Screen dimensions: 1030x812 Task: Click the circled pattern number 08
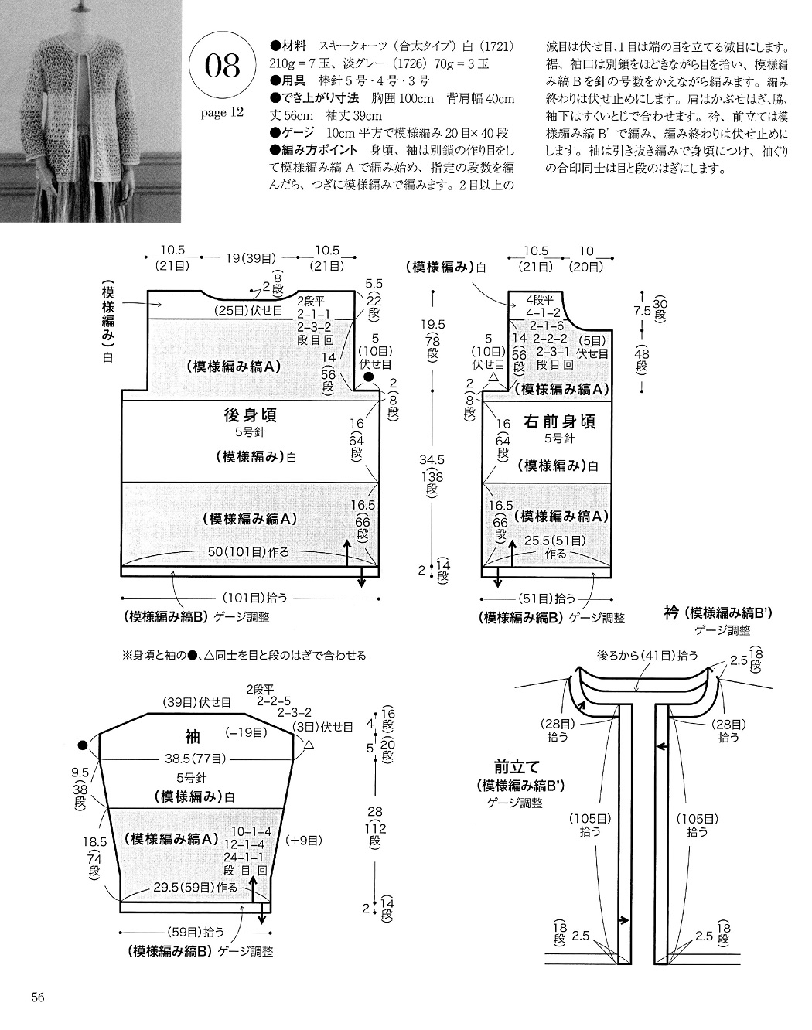pyautogui.click(x=223, y=66)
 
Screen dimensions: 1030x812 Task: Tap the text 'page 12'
pyautogui.click(x=222, y=113)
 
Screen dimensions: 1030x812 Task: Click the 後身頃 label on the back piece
pyautogui.click(x=250, y=415)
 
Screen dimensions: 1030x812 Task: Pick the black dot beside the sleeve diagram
pyautogui.click(x=82, y=745)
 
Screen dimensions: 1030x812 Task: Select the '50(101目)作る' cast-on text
pyautogui.click(x=248, y=551)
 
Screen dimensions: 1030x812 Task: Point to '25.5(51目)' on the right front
pyautogui.click(x=554, y=540)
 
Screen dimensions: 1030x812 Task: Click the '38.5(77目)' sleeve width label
pyautogui.click(x=195, y=758)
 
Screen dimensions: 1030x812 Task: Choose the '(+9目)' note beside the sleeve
pyautogui.click(x=303, y=839)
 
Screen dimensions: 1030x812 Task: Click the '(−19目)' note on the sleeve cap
pyautogui.click(x=243, y=732)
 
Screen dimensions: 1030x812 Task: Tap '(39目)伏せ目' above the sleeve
pyautogui.click(x=196, y=702)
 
